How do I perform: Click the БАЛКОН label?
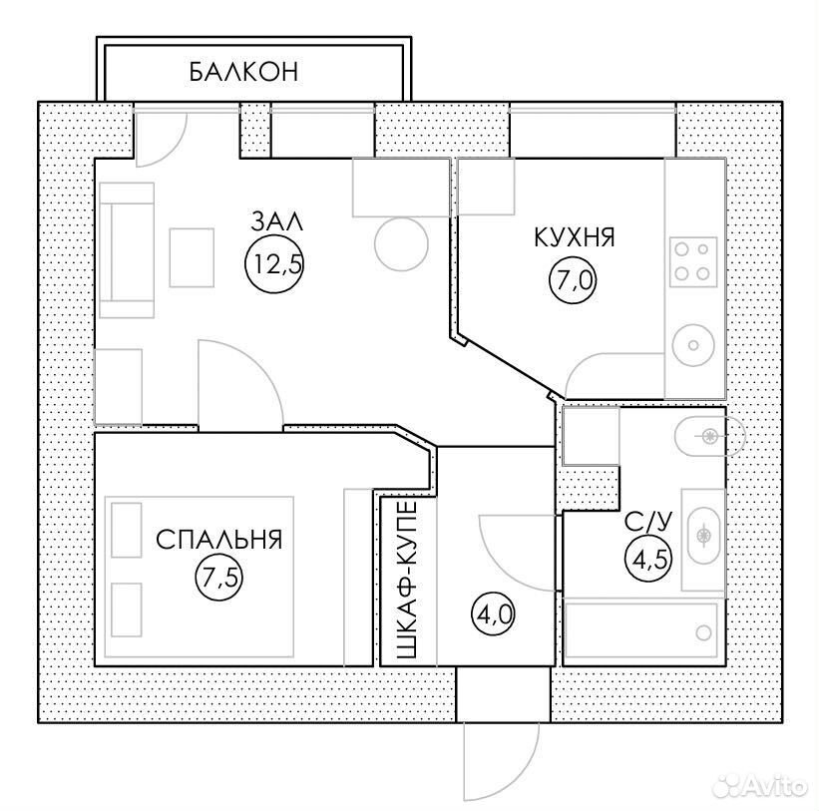click(243, 72)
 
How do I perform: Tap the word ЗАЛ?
click(277, 221)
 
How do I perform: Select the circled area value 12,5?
click(274, 263)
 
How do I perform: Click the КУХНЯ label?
click(575, 237)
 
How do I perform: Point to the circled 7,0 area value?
click(573, 281)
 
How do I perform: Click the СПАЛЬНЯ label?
click(218, 540)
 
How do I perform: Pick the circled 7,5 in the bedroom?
click(219, 579)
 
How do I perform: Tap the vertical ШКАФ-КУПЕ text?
click(406, 580)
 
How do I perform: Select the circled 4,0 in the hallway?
click(494, 614)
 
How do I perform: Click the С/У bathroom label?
click(648, 522)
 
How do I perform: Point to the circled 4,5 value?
click(648, 560)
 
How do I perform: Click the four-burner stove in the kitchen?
click(693, 261)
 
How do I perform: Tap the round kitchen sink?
click(693, 345)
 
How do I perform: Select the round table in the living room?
click(402, 243)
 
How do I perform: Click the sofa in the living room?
click(126, 250)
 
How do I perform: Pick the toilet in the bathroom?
click(709, 436)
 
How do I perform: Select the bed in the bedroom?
click(199, 577)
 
